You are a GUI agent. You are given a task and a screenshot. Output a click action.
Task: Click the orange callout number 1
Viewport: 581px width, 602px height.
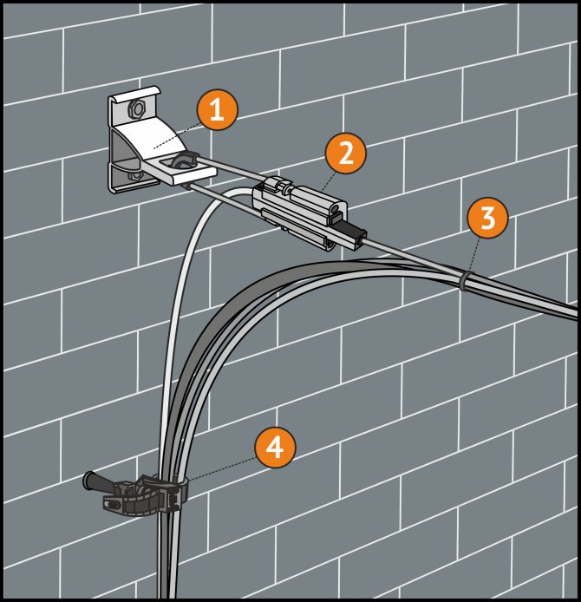tap(217, 110)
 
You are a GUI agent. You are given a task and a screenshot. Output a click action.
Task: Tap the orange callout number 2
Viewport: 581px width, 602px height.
tap(345, 154)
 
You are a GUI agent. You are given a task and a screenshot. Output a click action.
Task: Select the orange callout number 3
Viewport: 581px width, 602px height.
tap(487, 218)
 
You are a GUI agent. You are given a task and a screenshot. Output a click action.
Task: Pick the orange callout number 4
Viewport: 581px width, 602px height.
tap(275, 448)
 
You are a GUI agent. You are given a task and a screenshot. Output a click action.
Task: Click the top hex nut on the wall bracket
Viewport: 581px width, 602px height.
tap(137, 109)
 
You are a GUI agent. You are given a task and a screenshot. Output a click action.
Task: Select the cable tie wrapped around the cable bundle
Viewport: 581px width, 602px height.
tap(464, 281)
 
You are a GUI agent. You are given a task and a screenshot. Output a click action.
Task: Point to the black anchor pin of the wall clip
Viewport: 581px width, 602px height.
tap(99, 483)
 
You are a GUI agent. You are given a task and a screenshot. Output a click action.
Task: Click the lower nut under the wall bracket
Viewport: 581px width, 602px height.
tap(135, 176)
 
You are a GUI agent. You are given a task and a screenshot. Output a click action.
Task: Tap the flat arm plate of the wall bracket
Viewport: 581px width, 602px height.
tap(180, 171)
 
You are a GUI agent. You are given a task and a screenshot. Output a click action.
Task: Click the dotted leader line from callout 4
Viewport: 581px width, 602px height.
tap(221, 468)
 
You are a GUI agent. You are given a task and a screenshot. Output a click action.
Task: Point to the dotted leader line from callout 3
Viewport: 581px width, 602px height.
tap(474, 255)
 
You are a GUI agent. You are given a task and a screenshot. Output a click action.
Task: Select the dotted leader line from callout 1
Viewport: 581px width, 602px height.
tap(176, 136)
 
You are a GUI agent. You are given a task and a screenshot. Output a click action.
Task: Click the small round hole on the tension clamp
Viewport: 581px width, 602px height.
tap(335, 208)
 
